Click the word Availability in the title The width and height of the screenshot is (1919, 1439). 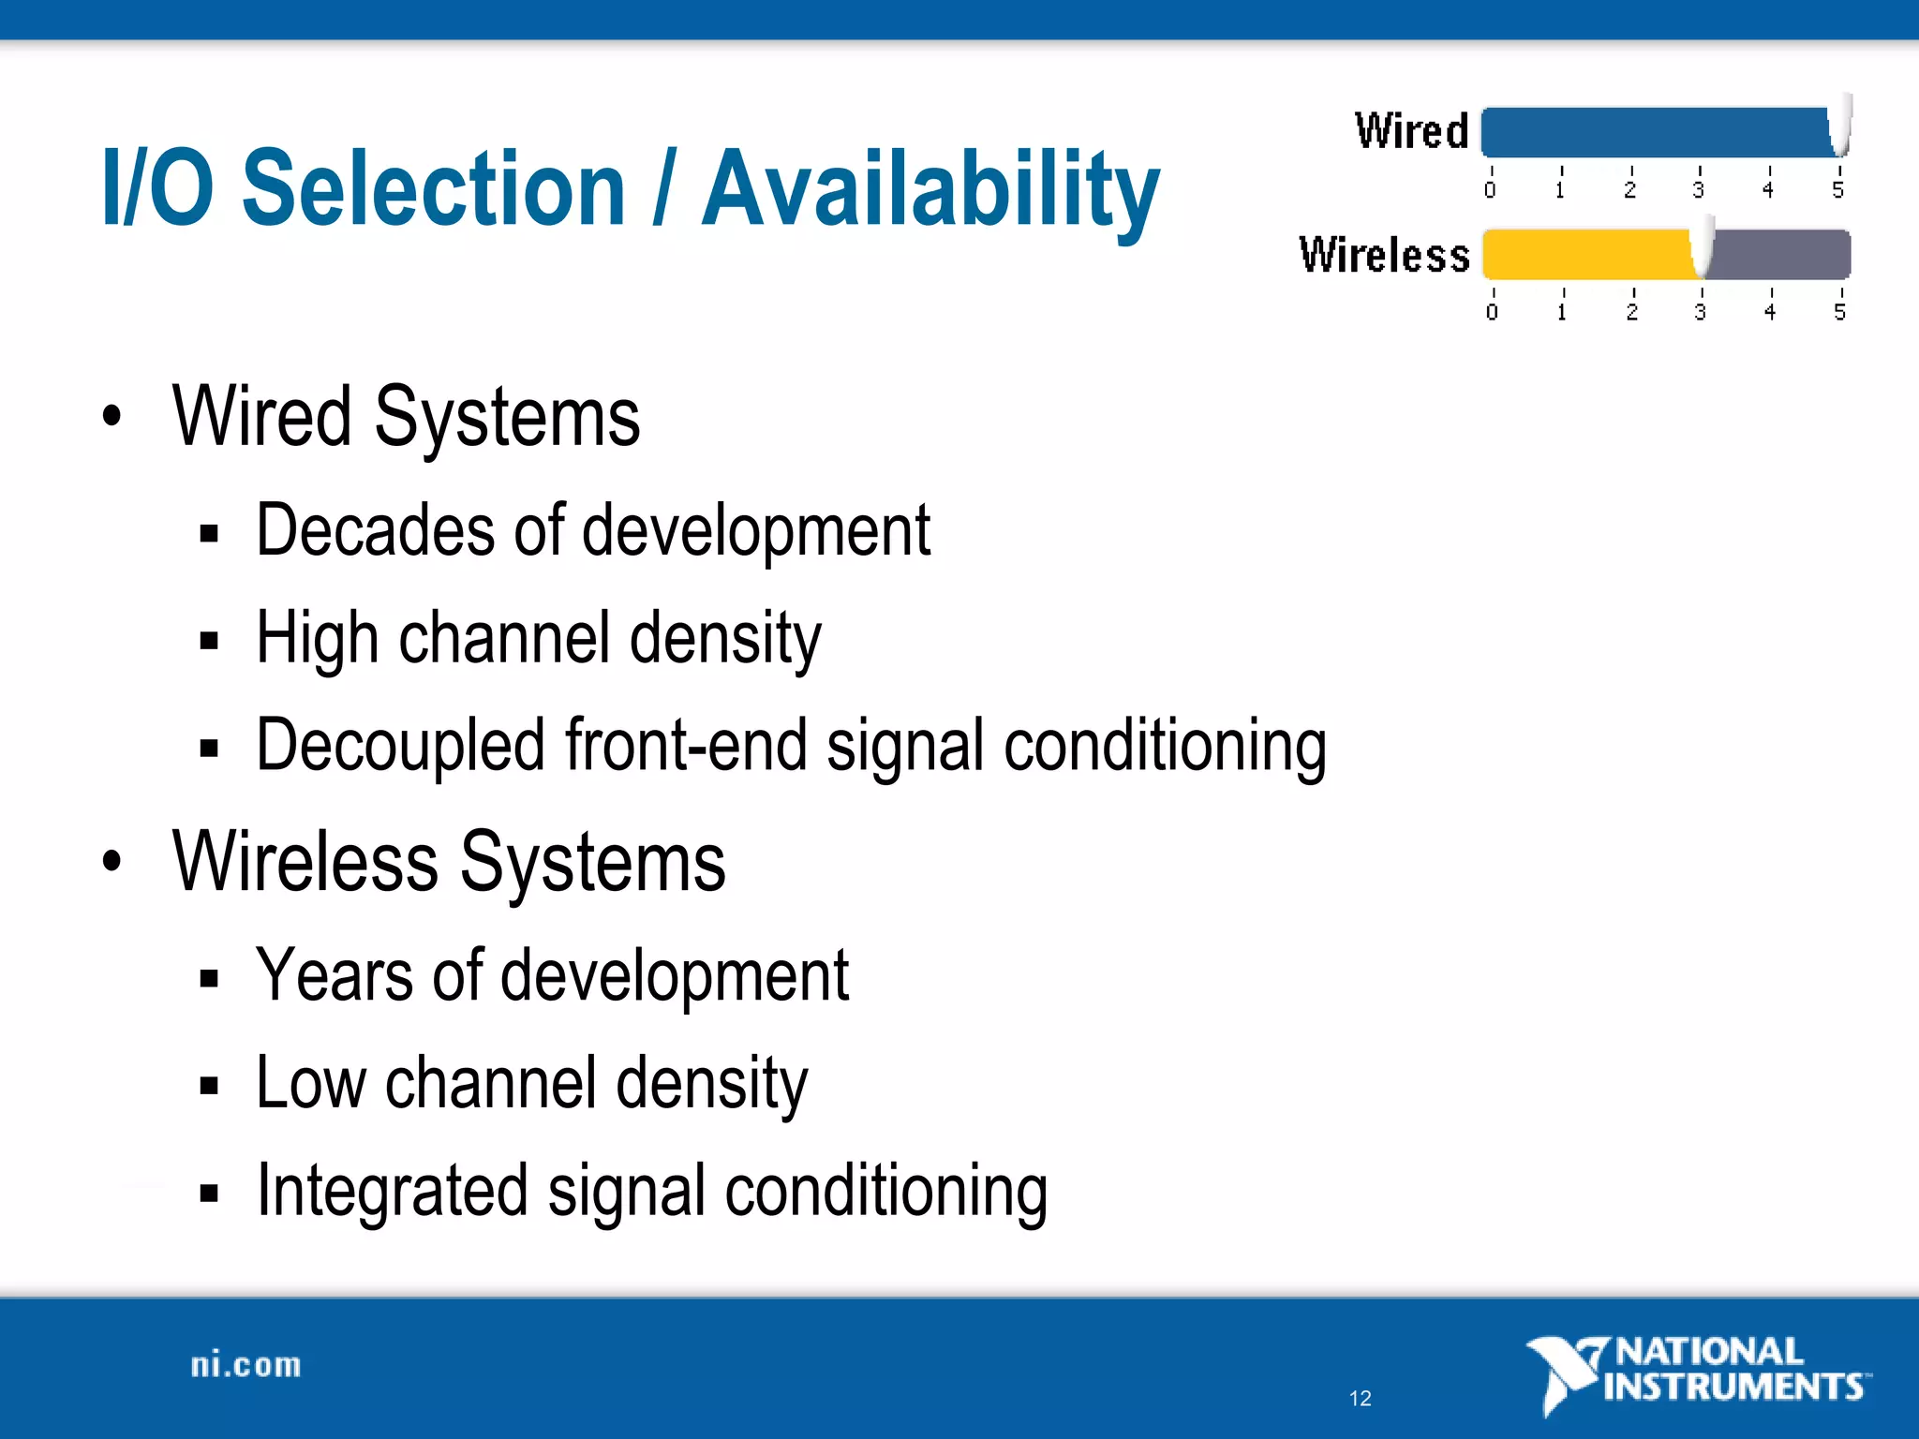click(930, 190)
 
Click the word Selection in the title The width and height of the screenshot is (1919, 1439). click(433, 190)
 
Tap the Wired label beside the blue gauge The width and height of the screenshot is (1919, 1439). click(1411, 131)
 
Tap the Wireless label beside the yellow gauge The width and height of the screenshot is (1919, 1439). click(1384, 255)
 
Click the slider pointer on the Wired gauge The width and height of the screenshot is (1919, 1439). click(1840, 126)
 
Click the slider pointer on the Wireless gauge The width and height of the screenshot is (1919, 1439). click(1702, 247)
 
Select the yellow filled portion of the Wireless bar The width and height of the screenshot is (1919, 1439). click(1588, 255)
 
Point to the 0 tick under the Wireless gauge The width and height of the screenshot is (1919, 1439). click(1492, 311)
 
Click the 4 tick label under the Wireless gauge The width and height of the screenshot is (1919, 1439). click(1769, 311)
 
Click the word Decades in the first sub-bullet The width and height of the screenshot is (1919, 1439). click(376, 530)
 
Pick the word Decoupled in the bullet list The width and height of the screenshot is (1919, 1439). click(400, 746)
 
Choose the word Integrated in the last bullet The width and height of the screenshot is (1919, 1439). click(393, 1192)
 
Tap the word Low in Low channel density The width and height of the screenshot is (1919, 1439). click(310, 1084)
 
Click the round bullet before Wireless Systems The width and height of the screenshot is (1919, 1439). click(112, 861)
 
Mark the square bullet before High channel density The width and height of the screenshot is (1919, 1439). click(209, 642)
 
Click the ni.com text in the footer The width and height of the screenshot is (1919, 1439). click(246, 1365)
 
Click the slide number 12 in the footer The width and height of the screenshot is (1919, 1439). click(1360, 1399)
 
